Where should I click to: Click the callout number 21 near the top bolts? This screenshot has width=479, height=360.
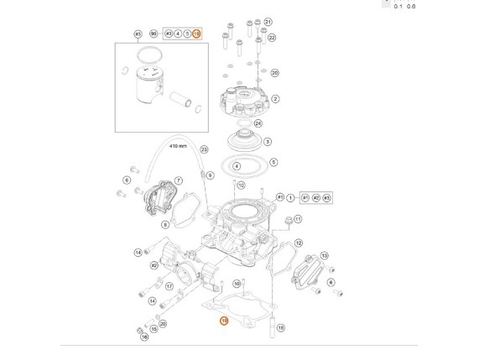[x=268, y=21]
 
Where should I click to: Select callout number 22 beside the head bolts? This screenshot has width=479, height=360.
[x=271, y=38]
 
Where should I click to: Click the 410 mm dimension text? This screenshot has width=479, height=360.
[x=178, y=145]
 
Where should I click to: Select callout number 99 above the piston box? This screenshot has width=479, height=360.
[x=153, y=34]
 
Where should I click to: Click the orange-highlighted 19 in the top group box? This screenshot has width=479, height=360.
[x=196, y=34]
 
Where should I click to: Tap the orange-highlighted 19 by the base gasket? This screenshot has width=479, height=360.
[x=223, y=320]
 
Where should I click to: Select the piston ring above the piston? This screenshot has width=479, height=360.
[x=146, y=55]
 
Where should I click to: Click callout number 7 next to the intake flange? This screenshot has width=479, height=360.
[x=178, y=180]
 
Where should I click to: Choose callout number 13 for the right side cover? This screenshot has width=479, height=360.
[x=325, y=255]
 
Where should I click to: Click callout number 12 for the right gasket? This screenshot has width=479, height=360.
[x=299, y=243]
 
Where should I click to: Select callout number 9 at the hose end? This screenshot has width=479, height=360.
[x=210, y=175]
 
